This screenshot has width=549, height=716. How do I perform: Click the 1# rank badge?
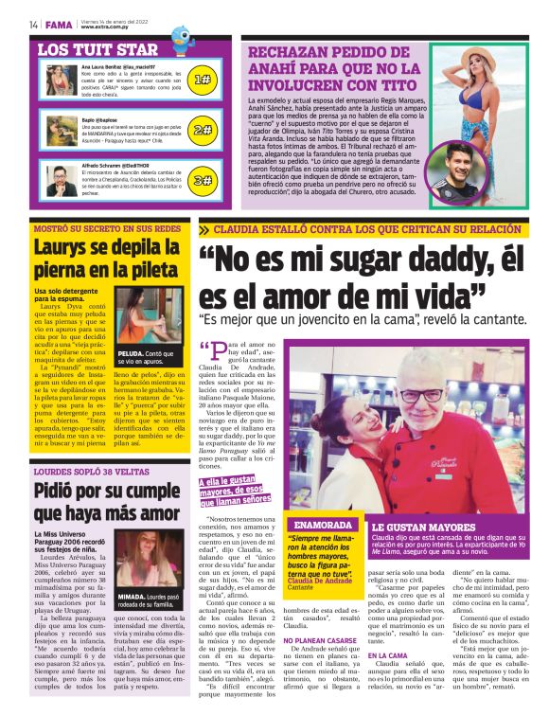[x=202, y=80]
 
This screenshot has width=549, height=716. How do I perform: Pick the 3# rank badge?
[x=202, y=179]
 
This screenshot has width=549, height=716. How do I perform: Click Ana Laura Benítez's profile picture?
[x=61, y=81]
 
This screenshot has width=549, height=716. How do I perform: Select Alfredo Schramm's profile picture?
[x=61, y=178]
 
